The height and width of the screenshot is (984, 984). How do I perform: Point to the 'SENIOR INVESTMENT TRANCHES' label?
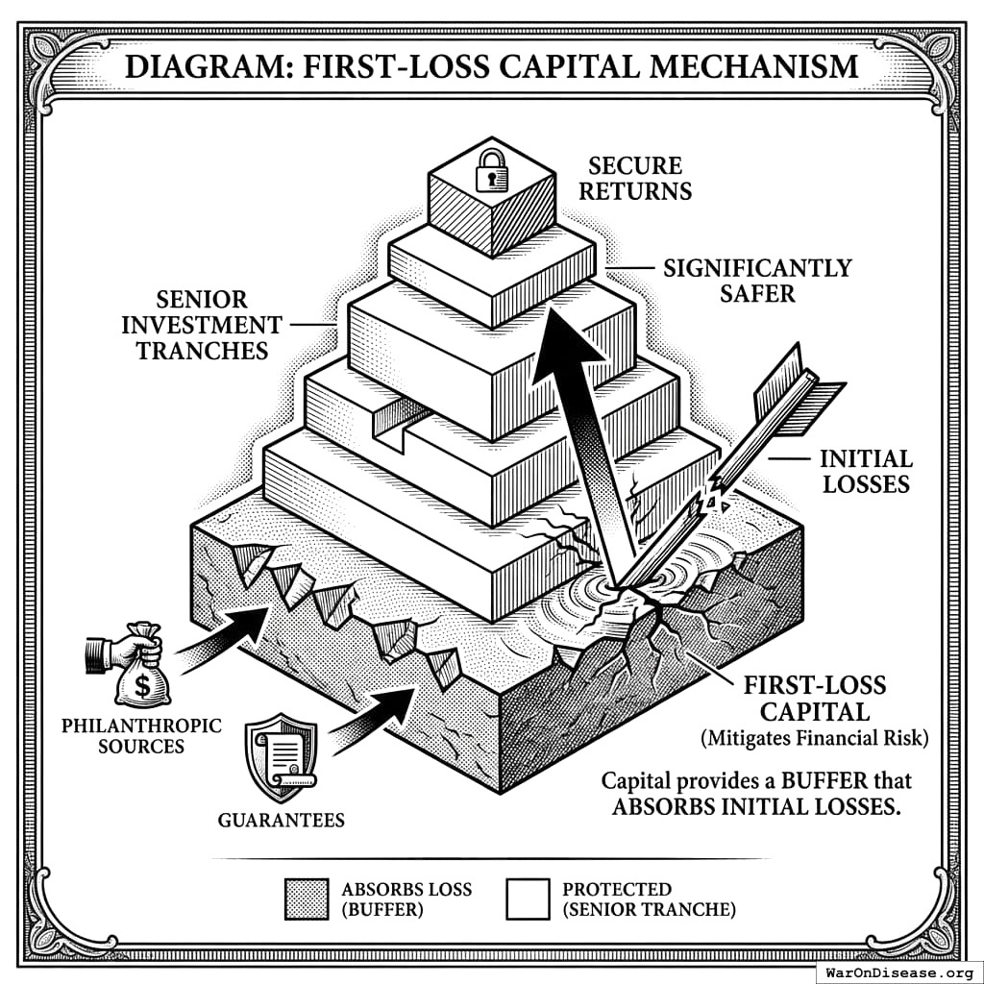[x=201, y=325]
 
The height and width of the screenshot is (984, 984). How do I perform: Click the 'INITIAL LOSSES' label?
[x=865, y=470]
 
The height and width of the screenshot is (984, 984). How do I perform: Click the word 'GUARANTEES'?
[x=281, y=820]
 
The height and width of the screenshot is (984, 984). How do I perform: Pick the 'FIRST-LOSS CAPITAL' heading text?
[x=815, y=699]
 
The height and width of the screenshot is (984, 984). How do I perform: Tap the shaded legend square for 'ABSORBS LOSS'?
[x=307, y=898]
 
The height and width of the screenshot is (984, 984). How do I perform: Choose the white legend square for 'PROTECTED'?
[x=528, y=898]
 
